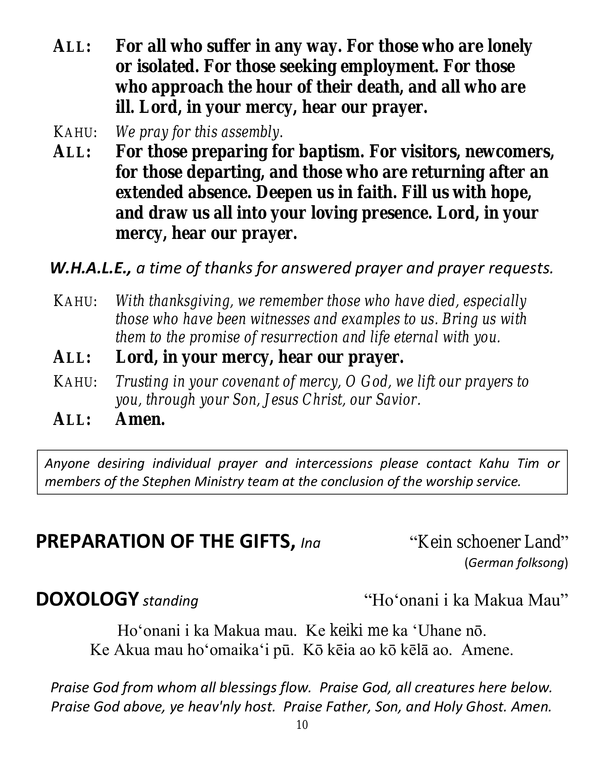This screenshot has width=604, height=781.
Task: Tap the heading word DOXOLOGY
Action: point(87,599)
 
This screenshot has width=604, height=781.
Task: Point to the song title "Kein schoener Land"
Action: point(489,542)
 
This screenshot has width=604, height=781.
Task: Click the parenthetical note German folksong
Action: point(516,563)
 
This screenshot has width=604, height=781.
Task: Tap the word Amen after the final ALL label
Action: point(140,419)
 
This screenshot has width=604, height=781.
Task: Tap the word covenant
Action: point(249,382)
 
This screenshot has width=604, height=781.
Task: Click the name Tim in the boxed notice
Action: point(528,463)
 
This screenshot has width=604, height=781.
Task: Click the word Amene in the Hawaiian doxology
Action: point(487,650)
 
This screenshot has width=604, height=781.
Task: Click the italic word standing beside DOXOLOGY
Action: point(170,601)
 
